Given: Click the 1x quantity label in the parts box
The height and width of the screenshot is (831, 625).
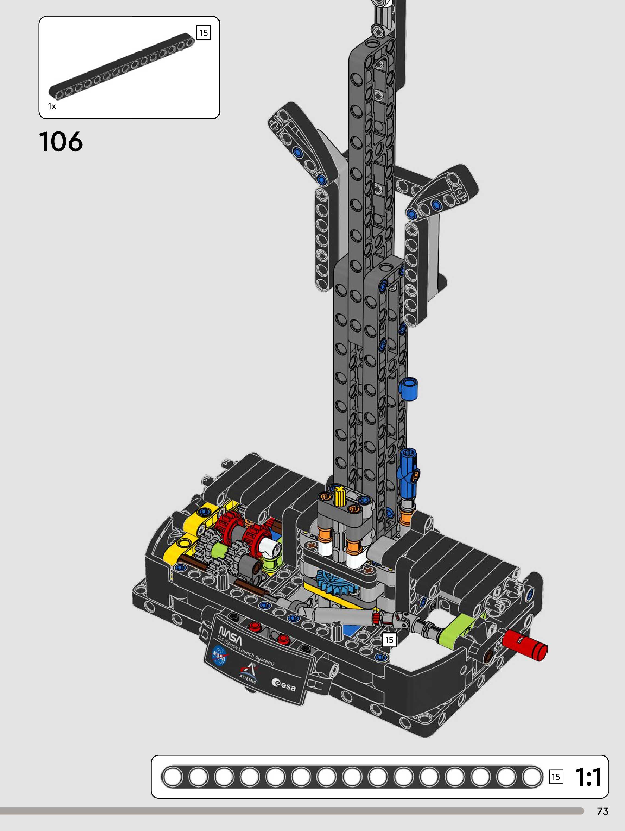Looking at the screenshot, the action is click(x=52, y=106).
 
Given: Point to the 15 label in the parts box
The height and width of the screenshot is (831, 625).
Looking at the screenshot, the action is click(x=204, y=33).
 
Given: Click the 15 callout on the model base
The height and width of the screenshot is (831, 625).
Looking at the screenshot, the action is click(x=389, y=640).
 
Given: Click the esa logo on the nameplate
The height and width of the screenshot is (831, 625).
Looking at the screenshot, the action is click(x=284, y=685).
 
